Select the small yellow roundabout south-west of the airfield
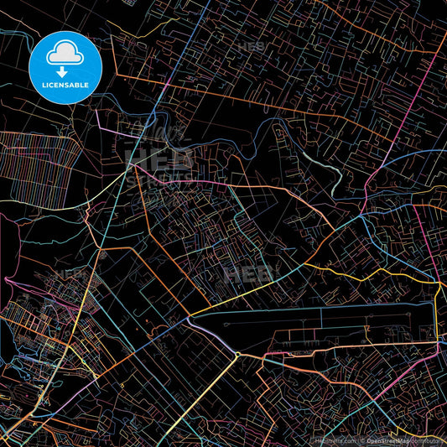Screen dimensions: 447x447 [x=237, y=355]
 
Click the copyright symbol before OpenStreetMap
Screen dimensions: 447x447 [x=363, y=440]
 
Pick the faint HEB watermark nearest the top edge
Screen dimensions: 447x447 [x=250, y=47]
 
